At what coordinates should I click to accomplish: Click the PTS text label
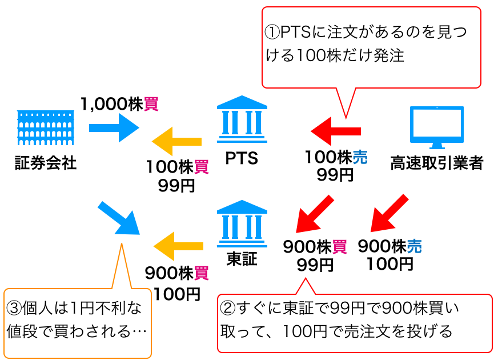tap(242, 158)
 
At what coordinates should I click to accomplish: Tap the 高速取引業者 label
tap(437, 164)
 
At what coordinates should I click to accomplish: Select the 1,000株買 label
tap(119, 104)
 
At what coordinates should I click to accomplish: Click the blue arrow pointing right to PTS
tap(114, 127)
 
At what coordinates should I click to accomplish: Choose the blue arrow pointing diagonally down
tap(119, 218)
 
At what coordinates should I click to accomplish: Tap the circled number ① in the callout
tap(272, 33)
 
